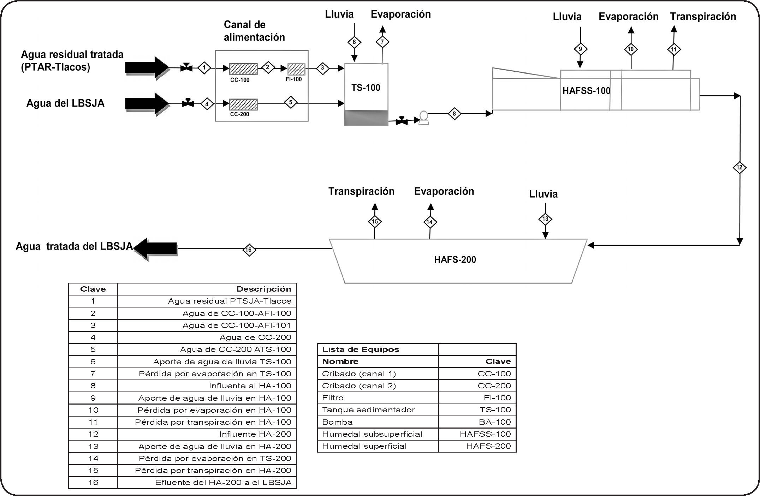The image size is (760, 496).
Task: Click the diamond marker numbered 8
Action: (454, 114)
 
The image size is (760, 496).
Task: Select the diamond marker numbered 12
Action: (740, 168)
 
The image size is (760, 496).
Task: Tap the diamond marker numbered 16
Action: (249, 250)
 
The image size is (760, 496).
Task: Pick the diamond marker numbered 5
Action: (291, 102)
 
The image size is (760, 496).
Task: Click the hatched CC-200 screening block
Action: (243, 104)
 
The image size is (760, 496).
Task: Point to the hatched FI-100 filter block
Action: (296, 69)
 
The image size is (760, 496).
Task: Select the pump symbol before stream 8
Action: (423, 118)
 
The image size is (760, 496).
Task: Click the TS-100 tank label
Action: (366, 88)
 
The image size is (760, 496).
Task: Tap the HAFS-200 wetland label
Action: (455, 260)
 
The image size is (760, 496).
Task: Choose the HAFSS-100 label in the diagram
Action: (586, 91)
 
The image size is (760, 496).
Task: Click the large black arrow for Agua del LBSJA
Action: (147, 103)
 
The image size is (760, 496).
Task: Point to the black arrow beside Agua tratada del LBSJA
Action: (156, 249)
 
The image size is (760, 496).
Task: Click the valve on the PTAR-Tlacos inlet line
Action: (186, 67)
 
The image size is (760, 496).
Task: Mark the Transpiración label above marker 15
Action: (361, 191)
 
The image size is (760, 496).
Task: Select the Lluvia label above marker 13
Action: (543, 194)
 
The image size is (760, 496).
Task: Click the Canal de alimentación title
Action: (254, 31)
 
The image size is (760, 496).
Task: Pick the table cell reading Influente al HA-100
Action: (250, 386)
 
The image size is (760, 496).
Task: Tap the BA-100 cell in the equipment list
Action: (495, 422)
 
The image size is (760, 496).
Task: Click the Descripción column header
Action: (263, 289)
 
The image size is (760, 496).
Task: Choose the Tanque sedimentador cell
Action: (368, 410)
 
